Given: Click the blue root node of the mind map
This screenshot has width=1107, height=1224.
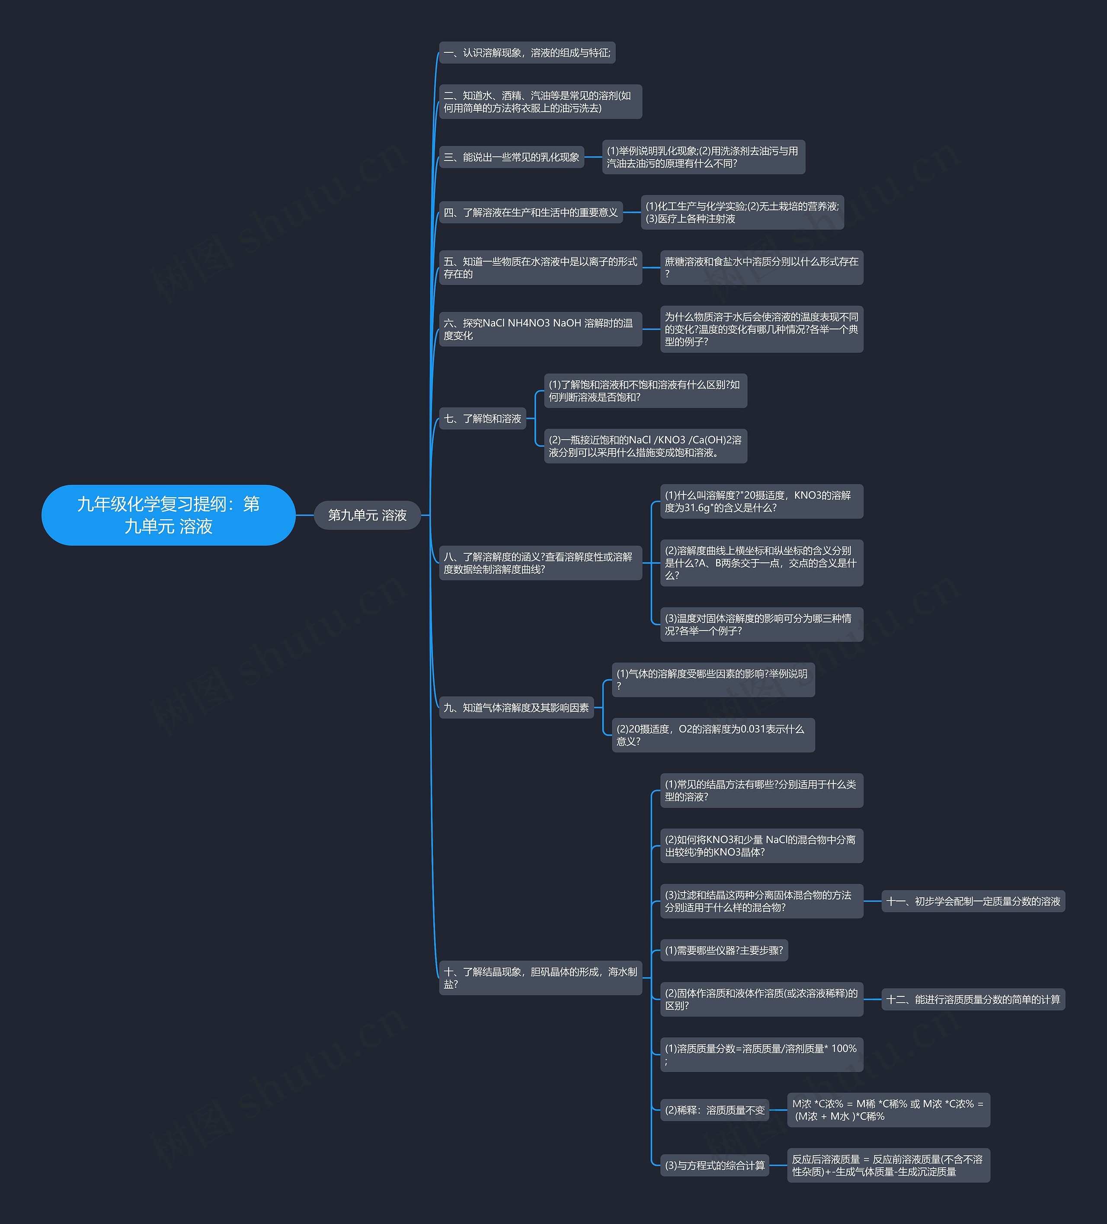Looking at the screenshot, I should [168, 515].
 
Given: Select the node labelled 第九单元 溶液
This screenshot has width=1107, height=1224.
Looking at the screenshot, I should [367, 515].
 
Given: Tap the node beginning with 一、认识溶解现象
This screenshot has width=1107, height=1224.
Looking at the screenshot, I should [527, 53].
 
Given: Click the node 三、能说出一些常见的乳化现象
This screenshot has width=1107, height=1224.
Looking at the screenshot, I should [511, 157].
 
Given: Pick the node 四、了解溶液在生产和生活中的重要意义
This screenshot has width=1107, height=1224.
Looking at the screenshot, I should [531, 212].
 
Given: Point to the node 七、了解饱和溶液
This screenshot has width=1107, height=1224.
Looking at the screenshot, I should [483, 418].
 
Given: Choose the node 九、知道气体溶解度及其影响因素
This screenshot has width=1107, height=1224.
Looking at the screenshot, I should [516, 707].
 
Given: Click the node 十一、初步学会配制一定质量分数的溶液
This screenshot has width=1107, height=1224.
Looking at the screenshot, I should [973, 901].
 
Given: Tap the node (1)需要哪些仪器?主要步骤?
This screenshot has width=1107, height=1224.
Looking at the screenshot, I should [723, 950].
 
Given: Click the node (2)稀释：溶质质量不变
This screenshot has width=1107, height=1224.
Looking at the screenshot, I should [714, 1110].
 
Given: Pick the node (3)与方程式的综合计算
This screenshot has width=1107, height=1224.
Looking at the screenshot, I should [714, 1165].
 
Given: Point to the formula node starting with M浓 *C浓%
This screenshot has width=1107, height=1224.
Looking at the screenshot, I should [888, 1110].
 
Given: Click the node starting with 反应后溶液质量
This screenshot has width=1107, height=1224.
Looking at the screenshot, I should [888, 1165].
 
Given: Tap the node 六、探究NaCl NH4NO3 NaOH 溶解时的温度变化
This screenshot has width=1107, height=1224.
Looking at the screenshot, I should [540, 329].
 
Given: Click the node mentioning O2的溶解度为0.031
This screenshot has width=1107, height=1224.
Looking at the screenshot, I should [713, 735].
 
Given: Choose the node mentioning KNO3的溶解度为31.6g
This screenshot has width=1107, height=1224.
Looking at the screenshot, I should [761, 501].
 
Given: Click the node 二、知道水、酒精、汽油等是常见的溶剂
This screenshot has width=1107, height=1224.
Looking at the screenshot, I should [540, 101].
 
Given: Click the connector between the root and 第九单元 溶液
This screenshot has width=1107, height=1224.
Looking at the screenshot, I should [305, 515].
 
